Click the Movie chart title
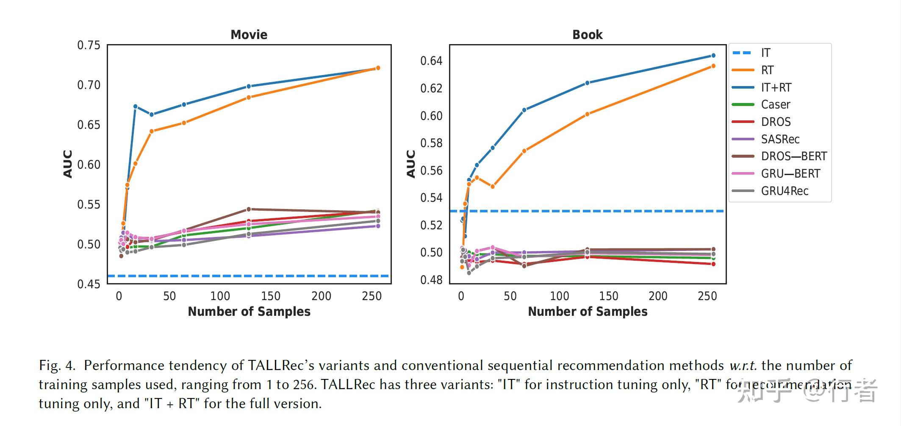(249, 35)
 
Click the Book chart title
(587, 35)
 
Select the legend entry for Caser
(775, 105)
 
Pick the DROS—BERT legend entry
(793, 156)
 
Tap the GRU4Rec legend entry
(784, 191)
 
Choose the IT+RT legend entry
(776, 88)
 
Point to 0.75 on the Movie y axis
(89, 45)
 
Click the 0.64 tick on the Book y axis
(431, 61)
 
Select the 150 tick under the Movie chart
(270, 296)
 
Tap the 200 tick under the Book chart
(658, 296)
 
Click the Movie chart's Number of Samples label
(249, 312)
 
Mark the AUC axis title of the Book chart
(410, 164)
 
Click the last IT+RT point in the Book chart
(713, 56)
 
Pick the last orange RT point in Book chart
(713, 66)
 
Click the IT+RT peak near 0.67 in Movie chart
(136, 106)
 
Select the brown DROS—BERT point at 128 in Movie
(249, 209)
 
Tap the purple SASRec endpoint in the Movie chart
(378, 226)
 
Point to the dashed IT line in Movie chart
(254, 276)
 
